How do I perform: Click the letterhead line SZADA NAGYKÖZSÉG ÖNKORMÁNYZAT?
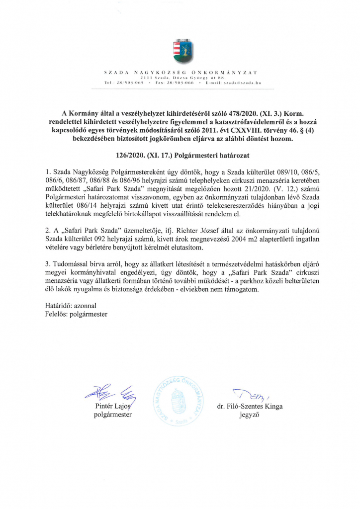click(x=180, y=73)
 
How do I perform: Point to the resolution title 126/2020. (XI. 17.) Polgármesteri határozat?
click(x=180, y=156)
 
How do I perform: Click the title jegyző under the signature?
click(x=250, y=415)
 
